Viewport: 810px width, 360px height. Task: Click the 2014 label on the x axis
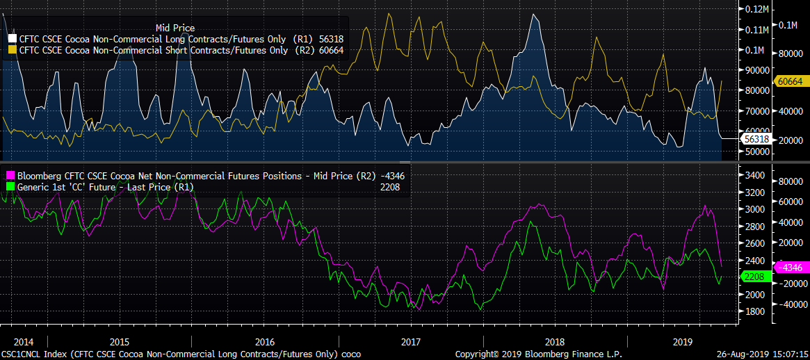click(x=24, y=342)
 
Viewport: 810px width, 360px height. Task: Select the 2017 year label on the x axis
click(x=411, y=342)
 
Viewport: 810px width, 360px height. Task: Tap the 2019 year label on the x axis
click(x=683, y=342)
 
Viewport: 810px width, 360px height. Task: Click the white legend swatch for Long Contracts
click(x=12, y=38)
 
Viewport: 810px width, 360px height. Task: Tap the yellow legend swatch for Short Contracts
click(x=12, y=49)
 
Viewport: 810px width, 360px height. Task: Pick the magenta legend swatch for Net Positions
click(x=10, y=176)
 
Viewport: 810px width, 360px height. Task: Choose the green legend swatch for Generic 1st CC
click(x=10, y=187)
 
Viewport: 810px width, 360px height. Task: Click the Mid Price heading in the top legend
click(x=175, y=27)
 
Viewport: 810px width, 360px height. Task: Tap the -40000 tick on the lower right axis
click(x=790, y=304)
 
